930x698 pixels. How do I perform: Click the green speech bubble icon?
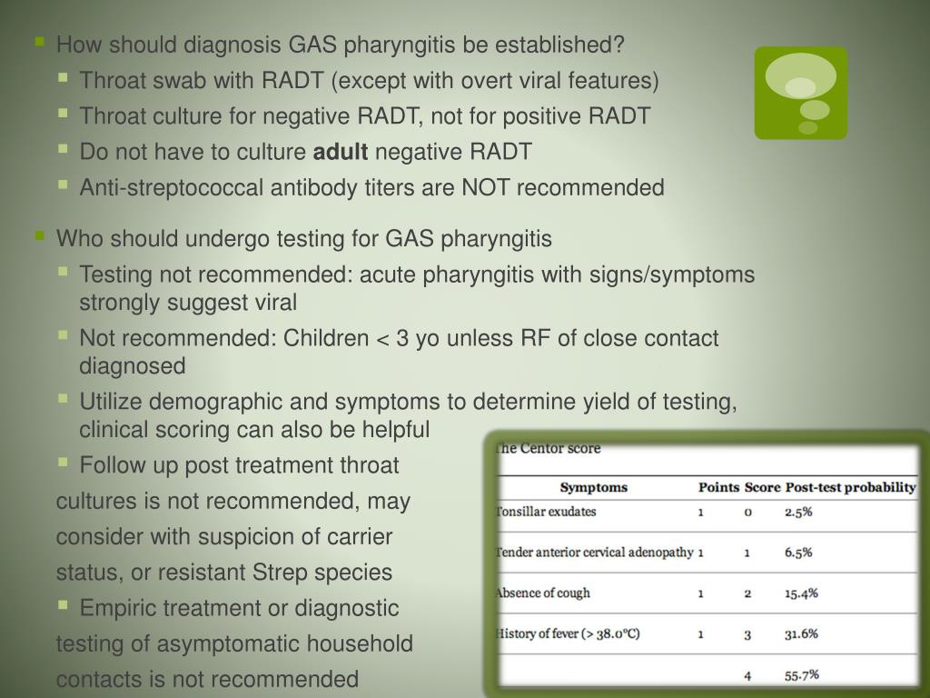(800, 93)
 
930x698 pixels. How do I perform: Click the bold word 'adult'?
(341, 152)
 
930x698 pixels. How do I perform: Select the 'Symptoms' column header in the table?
(593, 487)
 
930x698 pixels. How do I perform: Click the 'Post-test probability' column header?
(850, 487)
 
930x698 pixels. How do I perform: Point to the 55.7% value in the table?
(802, 674)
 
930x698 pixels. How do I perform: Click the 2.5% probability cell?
(798, 512)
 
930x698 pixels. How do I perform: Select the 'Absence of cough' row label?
(543, 593)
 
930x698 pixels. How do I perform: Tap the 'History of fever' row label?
(568, 633)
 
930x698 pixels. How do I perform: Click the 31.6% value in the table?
(801, 634)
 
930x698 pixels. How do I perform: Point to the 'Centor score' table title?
(548, 448)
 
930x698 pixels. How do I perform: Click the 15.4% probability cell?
(801, 593)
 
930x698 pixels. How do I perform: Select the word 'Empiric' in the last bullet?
(117, 608)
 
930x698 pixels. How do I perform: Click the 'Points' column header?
(718, 487)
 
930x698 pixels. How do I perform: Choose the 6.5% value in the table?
(798, 553)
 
